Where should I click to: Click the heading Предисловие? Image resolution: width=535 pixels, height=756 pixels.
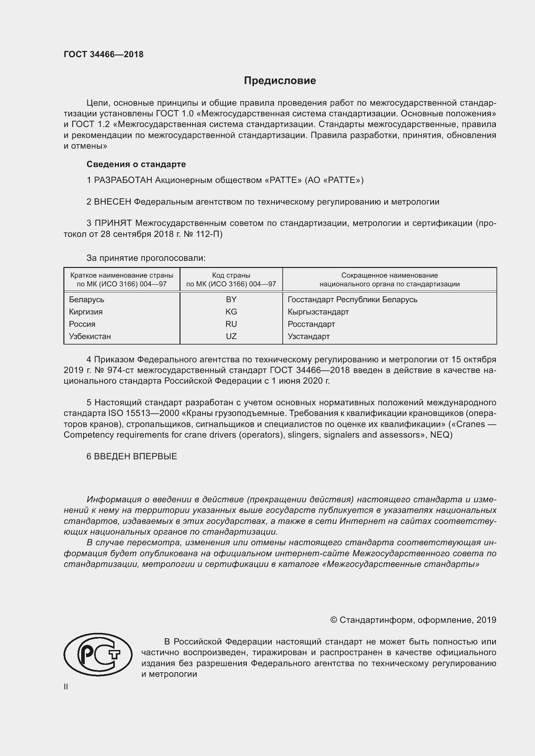coord(280,81)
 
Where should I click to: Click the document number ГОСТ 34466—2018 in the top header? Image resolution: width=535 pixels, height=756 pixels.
coord(104,55)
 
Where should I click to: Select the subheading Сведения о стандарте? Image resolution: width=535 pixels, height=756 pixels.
coord(136,164)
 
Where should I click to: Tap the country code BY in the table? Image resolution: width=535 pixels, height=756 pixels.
coord(231,299)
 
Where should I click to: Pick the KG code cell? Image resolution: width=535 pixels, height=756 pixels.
coord(231,312)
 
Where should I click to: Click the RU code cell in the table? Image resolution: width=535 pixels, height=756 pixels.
coord(231,324)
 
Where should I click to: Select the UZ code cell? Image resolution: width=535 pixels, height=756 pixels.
coord(231,336)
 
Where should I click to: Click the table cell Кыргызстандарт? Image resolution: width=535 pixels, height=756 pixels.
coord(318,312)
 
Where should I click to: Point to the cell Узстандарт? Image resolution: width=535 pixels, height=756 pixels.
coord(308,336)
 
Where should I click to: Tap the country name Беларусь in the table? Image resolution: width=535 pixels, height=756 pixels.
coord(87,299)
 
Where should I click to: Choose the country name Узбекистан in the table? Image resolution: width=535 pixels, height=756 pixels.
coord(90,336)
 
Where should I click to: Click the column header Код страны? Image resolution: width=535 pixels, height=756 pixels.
coord(231,275)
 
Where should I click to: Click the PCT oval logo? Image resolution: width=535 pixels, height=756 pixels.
coord(98,654)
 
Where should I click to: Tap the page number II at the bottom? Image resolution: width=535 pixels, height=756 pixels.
coord(66,687)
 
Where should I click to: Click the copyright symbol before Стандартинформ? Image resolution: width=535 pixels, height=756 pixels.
coord(333,620)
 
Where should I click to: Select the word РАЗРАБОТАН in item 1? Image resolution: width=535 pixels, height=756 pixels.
coord(123,180)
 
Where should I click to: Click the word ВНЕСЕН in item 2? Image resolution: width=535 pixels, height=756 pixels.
coord(113,201)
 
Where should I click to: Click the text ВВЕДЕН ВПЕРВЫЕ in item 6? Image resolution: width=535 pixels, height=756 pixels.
coord(136,456)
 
